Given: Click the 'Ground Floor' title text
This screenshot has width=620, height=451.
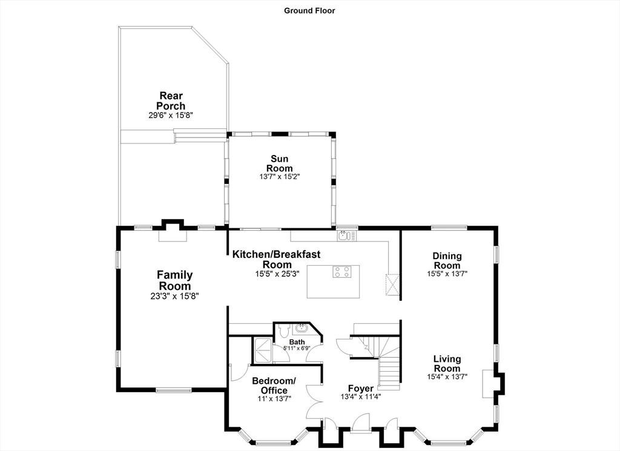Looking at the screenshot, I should [x=309, y=10].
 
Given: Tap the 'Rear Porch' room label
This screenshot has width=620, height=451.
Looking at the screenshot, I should [x=171, y=100].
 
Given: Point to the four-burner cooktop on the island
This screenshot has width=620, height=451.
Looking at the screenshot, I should [x=342, y=272].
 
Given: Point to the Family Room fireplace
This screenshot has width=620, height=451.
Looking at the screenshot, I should [x=173, y=231].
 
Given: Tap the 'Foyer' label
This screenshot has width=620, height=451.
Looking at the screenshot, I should [x=360, y=388].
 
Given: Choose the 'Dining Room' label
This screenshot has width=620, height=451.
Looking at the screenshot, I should [x=447, y=261].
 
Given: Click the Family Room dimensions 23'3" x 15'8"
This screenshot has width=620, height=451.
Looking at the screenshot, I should [x=175, y=296].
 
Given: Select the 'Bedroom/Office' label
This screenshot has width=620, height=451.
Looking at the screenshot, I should [x=274, y=386].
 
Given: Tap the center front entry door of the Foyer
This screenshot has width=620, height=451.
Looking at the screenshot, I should [x=361, y=422].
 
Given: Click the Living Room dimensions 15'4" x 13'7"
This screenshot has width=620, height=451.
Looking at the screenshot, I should [x=447, y=377].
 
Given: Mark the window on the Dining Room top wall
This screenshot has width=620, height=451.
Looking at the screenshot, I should [x=449, y=228].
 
